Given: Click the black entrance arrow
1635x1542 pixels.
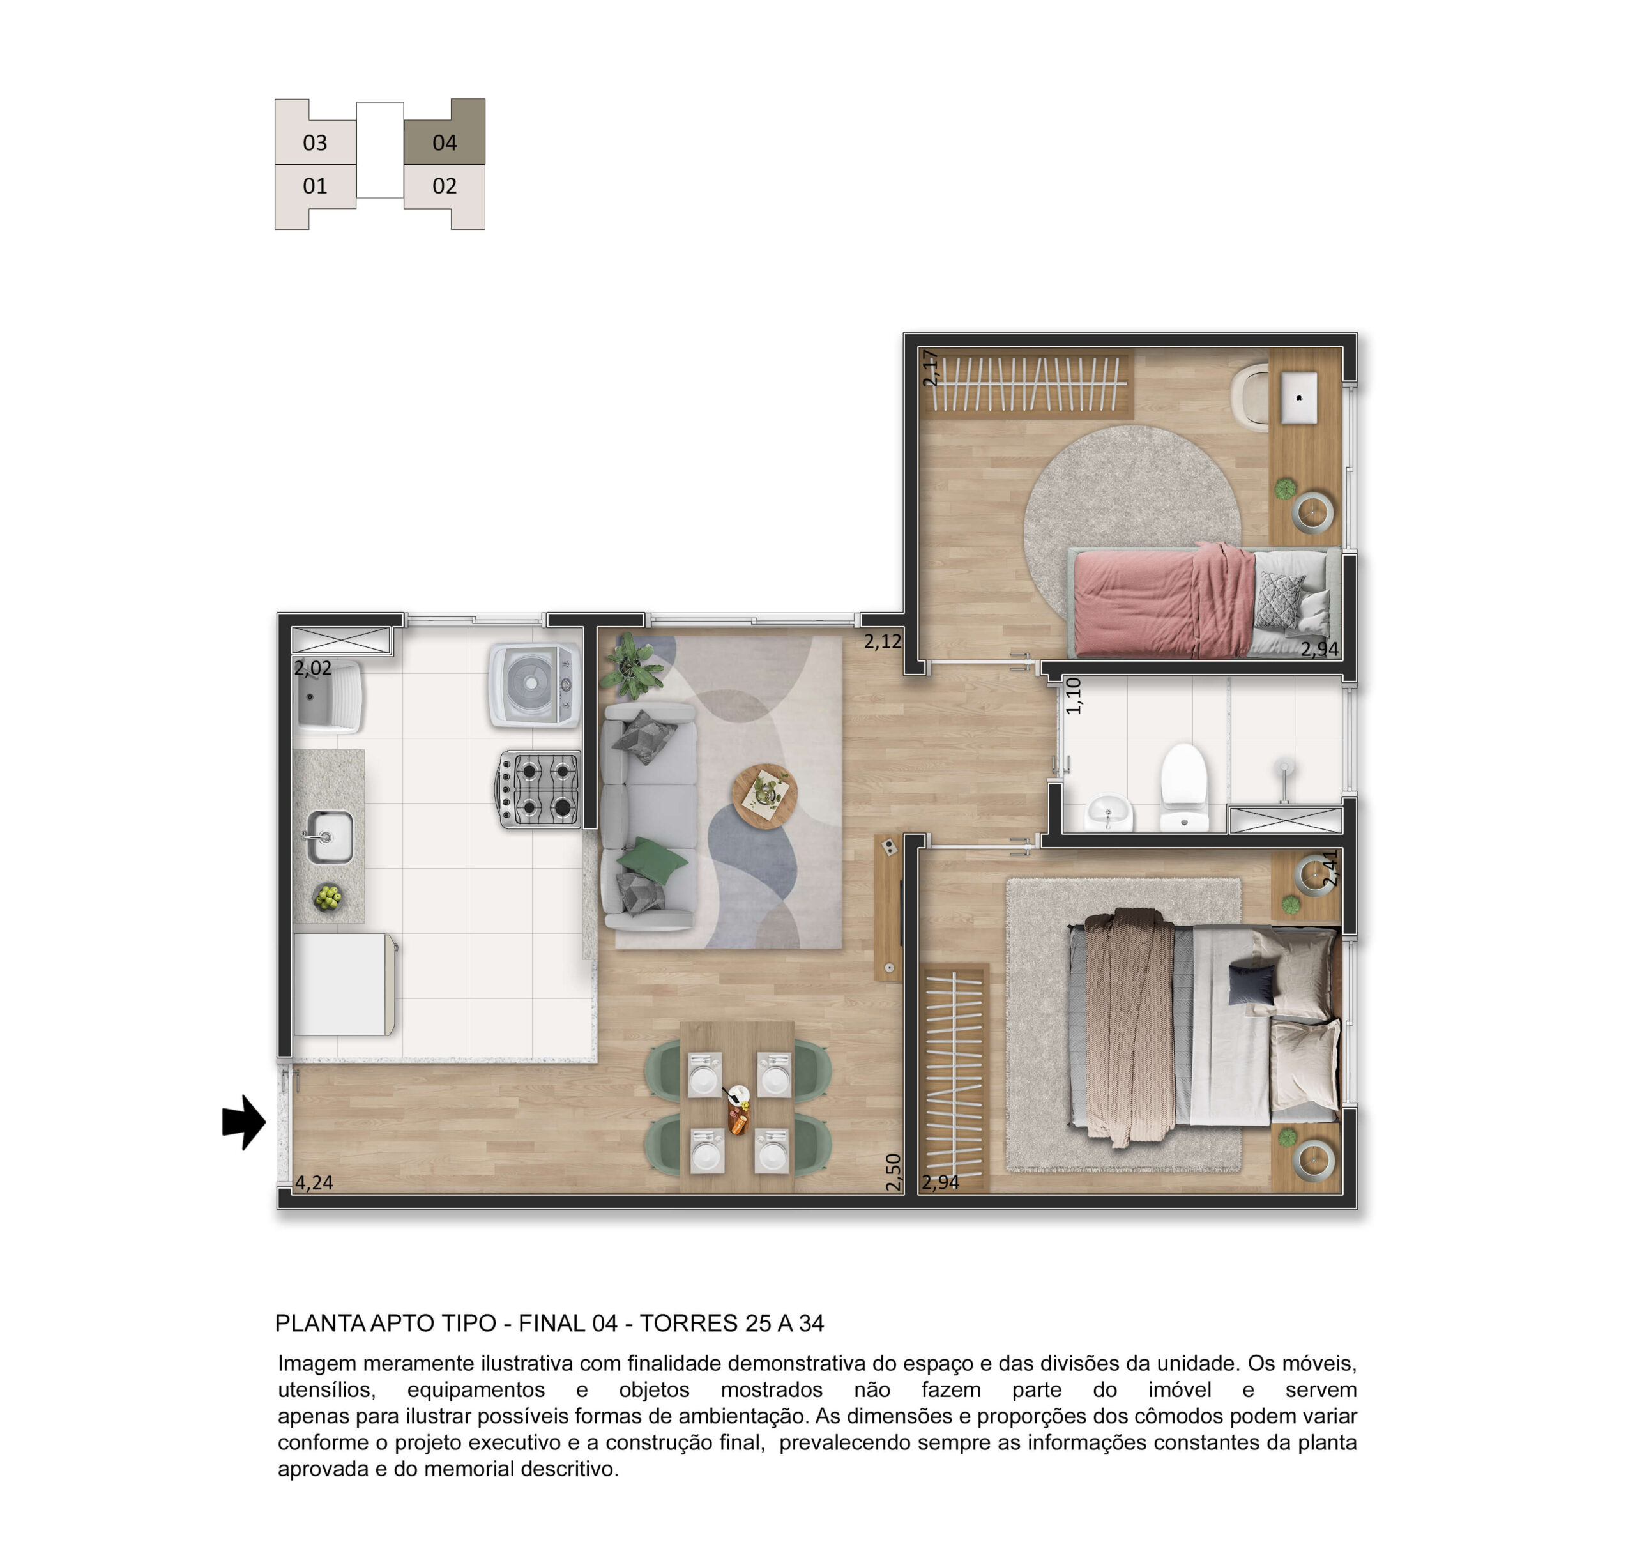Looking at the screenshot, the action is pyautogui.click(x=244, y=1122).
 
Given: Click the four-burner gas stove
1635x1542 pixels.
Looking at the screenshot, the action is pyautogui.click(x=538, y=789).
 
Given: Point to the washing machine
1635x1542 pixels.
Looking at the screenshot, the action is pyautogui.click(x=535, y=685).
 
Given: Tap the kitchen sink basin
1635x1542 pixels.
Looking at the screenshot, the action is pyautogui.click(x=330, y=837).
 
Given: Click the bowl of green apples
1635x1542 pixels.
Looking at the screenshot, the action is pyautogui.click(x=328, y=897).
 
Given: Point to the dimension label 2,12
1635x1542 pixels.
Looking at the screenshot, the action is pyautogui.click(x=883, y=641).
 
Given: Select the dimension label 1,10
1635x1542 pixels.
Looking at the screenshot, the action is pyautogui.click(x=1074, y=695).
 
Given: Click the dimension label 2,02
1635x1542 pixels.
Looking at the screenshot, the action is pyautogui.click(x=314, y=668).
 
